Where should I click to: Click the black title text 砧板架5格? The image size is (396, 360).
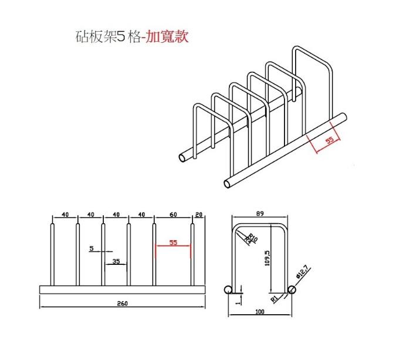pyautogui.click(x=107, y=36)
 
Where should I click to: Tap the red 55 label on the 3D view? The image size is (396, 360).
pyautogui.click(x=330, y=140)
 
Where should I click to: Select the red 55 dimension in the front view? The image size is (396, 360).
pyautogui.click(x=172, y=242)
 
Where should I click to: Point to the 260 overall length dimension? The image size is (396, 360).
pyautogui.click(x=122, y=303)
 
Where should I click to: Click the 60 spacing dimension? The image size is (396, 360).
pyautogui.click(x=173, y=215)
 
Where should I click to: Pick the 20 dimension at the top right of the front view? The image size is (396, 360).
pyautogui.click(x=198, y=215)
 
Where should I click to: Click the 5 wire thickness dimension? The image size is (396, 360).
pyautogui.click(x=92, y=248)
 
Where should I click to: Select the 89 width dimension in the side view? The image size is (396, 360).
pyautogui.click(x=259, y=214)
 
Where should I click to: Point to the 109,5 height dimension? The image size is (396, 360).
pyautogui.click(x=267, y=259)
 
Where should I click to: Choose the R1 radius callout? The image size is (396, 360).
pyautogui.click(x=274, y=299)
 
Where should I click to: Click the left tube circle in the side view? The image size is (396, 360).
pyautogui.click(x=229, y=289)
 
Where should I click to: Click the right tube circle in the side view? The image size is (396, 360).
pyautogui.click(x=292, y=289)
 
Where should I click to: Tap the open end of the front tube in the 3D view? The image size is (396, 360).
pyautogui.click(x=228, y=182)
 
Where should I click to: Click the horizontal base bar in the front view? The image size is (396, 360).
pyautogui.click(x=122, y=290)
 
